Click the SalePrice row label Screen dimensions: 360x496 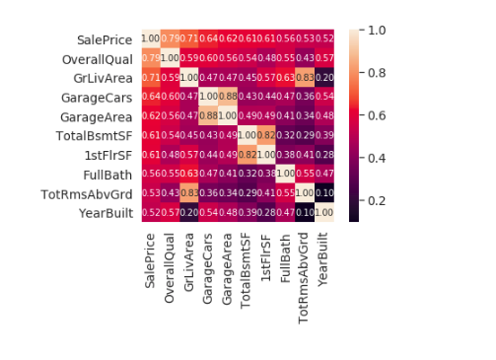tap(105, 39)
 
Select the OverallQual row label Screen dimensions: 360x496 tap(101, 58)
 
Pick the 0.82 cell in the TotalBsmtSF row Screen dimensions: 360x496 tap(269, 135)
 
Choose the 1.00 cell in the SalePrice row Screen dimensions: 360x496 tap(150, 38)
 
